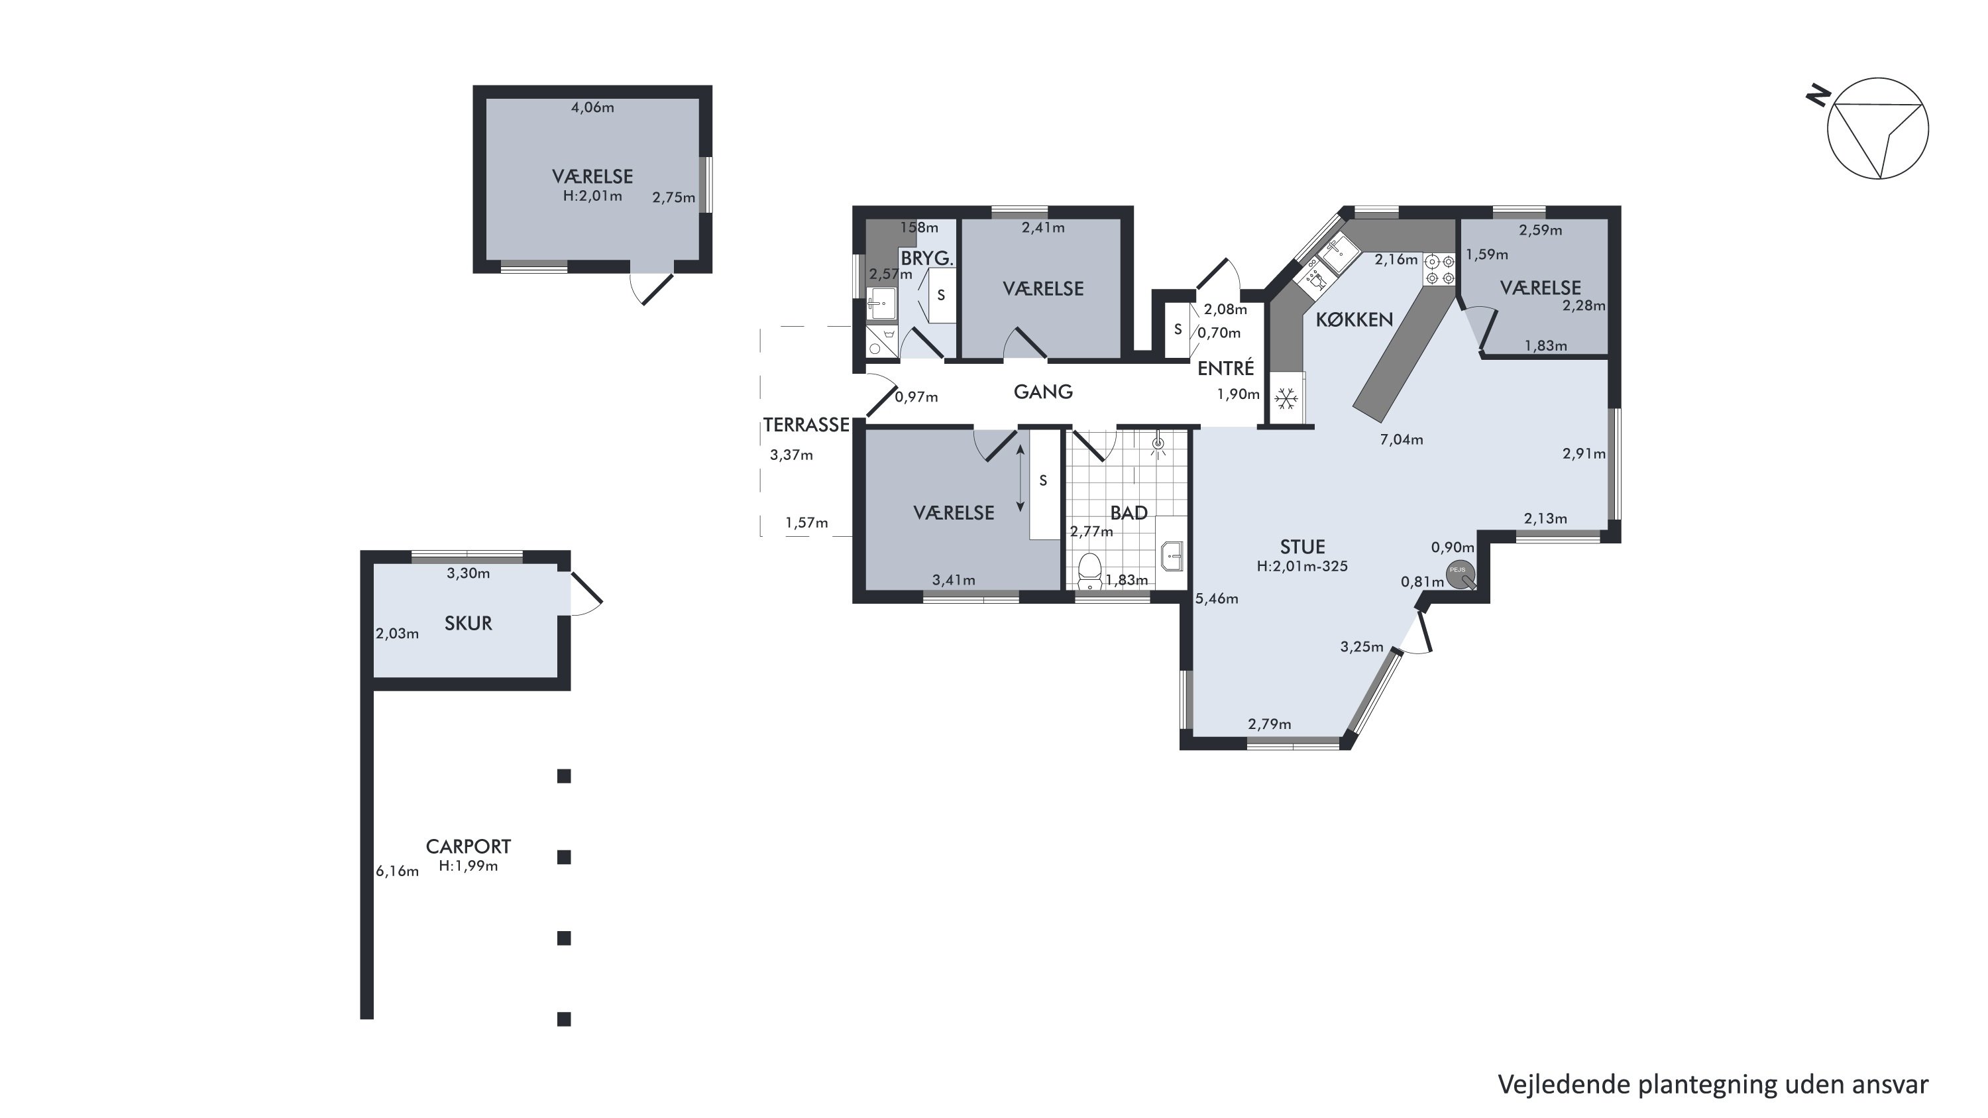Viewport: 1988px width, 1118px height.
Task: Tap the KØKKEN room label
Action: coord(1354,319)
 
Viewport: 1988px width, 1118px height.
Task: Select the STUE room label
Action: coord(1302,547)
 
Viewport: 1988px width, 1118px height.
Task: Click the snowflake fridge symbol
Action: coord(1285,399)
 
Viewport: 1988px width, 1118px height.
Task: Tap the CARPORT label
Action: coord(468,846)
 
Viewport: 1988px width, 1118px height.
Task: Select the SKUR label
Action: coord(468,624)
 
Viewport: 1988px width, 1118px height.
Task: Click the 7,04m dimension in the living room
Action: coord(1402,440)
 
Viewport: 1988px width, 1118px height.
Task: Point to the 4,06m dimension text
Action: coord(592,108)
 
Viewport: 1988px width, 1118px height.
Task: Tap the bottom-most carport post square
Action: coord(564,1019)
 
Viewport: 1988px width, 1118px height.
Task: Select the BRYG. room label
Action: coord(927,258)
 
